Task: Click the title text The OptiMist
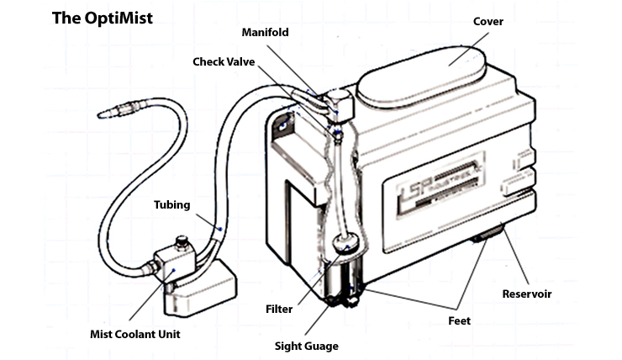coord(102,18)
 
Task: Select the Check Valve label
coord(225,62)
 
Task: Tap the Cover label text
coord(488,21)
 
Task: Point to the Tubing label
coord(171,204)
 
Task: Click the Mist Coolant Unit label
coord(135,334)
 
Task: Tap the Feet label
coord(459,320)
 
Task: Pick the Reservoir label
coord(526,294)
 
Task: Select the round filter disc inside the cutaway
coord(345,245)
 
